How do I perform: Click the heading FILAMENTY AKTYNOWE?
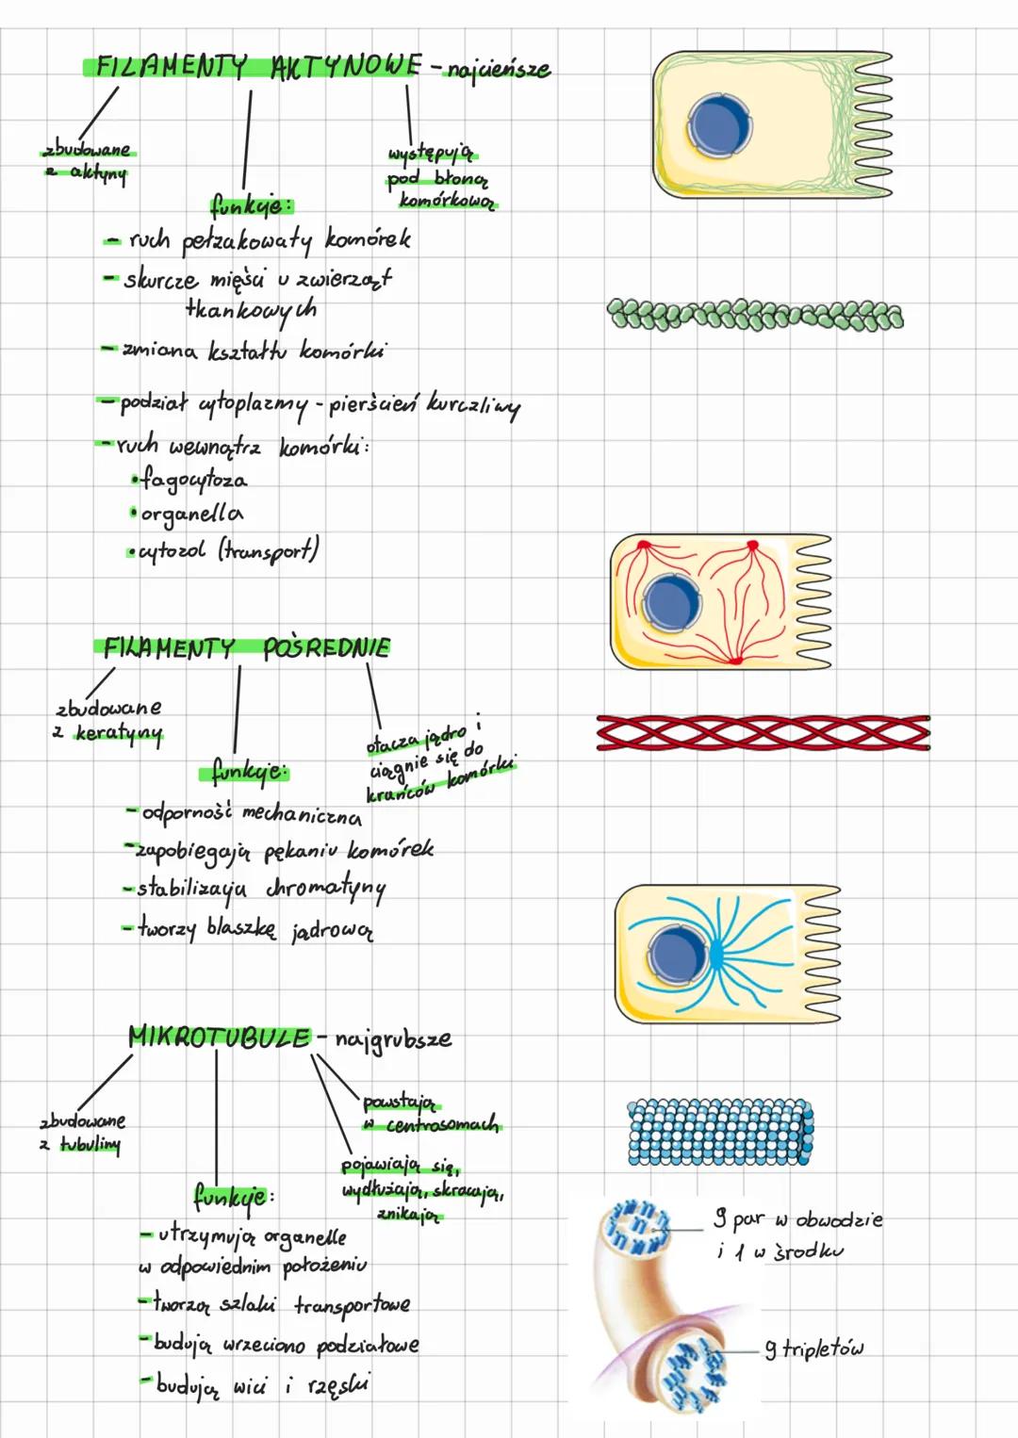255,66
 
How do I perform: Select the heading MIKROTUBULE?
219,1037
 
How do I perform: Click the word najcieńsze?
499,70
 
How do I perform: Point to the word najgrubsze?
393,1039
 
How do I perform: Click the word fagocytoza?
194,480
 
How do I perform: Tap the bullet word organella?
191,515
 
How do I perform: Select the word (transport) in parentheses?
270,549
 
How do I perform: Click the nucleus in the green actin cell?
720,125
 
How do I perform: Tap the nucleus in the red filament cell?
671,602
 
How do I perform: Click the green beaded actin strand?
754,315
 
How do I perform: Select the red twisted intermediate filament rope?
763,733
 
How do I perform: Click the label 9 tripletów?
813,1349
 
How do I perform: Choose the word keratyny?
119,732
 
